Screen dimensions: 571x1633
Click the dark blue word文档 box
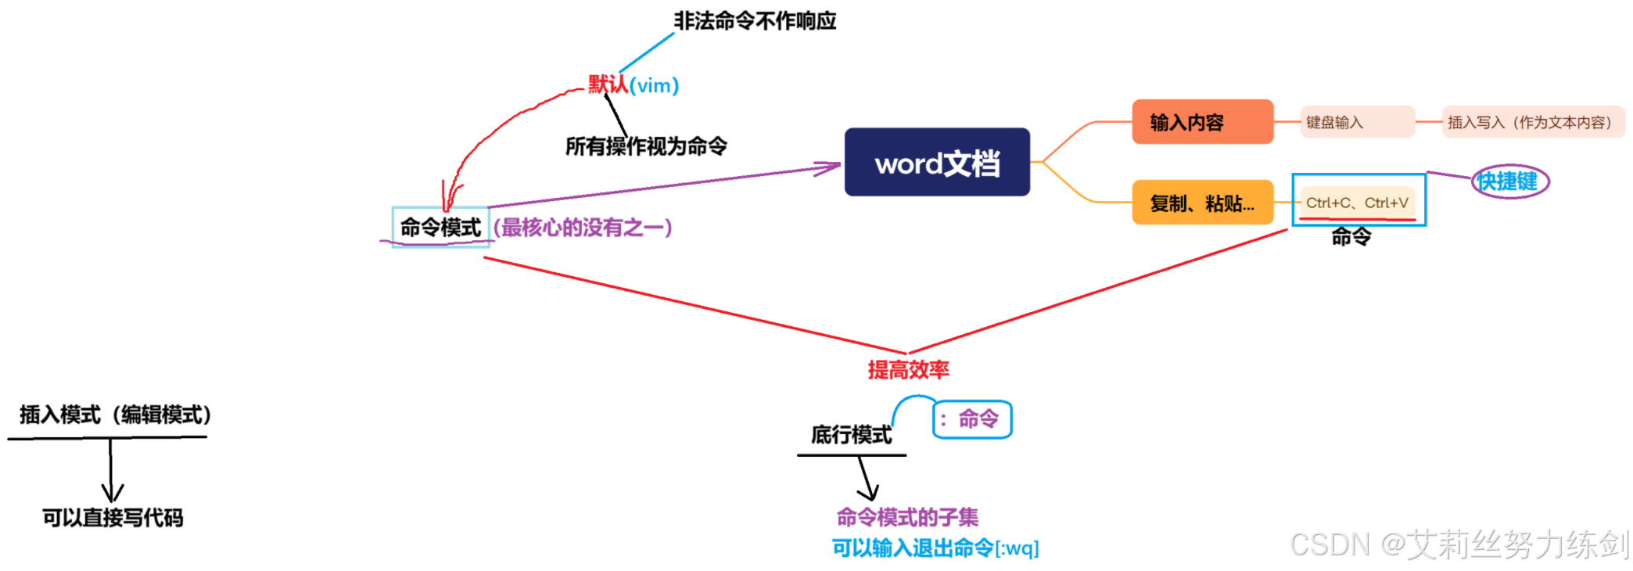pyautogui.click(x=937, y=162)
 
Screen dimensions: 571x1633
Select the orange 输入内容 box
pyautogui.click(x=1202, y=122)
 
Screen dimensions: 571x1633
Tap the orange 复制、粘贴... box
pyautogui.click(x=1202, y=203)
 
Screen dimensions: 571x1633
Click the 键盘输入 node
pyautogui.click(x=1357, y=122)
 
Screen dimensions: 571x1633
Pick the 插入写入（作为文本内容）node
pyautogui.click(x=1532, y=122)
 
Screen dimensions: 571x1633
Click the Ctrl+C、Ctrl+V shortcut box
pyautogui.click(x=1358, y=202)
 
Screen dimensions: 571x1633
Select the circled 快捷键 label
pyautogui.click(x=1509, y=181)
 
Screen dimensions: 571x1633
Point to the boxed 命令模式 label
pyautogui.click(x=440, y=228)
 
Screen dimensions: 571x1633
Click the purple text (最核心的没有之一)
pyautogui.click(x=583, y=228)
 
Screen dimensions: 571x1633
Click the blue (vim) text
pyautogui.click(x=655, y=85)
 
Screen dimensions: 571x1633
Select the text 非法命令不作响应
pyautogui.click(x=755, y=21)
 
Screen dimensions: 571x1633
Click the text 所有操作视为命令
pyautogui.click(x=646, y=146)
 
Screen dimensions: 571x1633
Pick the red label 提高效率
pyautogui.click(x=908, y=369)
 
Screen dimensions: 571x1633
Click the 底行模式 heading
pyautogui.click(x=851, y=434)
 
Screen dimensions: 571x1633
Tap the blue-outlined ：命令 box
pyautogui.click(x=972, y=419)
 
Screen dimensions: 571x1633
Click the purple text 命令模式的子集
pyautogui.click(x=907, y=517)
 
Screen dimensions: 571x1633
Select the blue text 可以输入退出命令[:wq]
pyautogui.click(x=935, y=548)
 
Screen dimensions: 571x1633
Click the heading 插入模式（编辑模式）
pyautogui.click(x=115, y=415)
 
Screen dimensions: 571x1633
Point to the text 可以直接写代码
pyautogui.click(x=113, y=518)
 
